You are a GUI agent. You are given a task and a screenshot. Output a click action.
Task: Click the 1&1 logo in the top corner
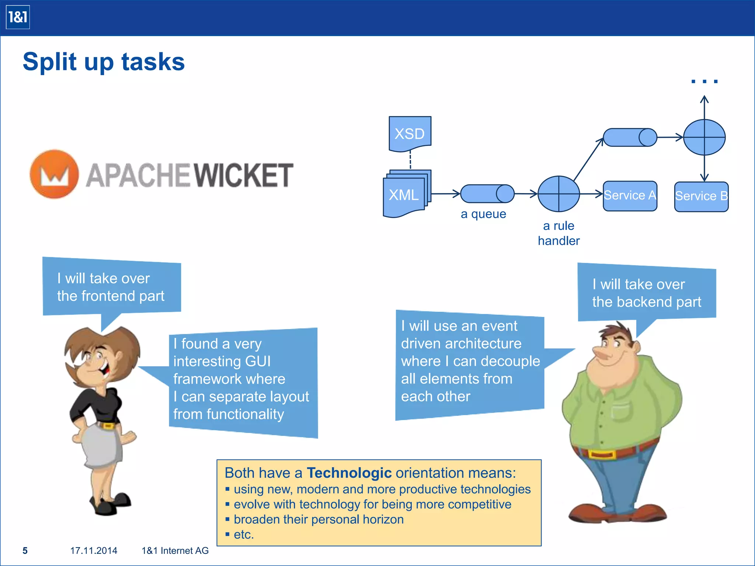tap(18, 17)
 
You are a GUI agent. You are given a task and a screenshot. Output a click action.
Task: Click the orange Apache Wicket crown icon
tap(55, 174)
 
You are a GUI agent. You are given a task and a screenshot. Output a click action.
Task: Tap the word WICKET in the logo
tap(244, 175)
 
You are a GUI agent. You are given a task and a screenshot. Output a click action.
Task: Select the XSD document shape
tap(410, 133)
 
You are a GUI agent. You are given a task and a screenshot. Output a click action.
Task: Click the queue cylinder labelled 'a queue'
tap(487, 194)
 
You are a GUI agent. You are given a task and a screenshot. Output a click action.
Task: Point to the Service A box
tap(630, 196)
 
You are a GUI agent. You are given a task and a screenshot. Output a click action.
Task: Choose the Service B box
tap(701, 196)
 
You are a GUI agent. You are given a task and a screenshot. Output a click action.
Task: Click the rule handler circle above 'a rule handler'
tap(559, 194)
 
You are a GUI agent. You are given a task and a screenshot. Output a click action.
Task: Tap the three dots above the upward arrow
tap(704, 81)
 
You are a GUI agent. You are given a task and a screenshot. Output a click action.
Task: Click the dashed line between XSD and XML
tap(410, 161)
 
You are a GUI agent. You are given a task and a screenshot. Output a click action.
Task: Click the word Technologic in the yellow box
tap(349, 473)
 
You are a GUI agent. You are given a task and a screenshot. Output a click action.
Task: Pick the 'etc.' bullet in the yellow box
tap(244, 534)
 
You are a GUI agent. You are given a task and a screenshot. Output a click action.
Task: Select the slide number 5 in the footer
tap(25, 551)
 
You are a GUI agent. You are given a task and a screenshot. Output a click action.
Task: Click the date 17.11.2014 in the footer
tap(94, 551)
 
